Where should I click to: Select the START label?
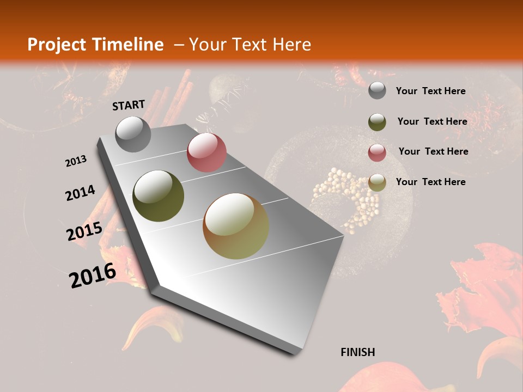pyautogui.click(x=129, y=105)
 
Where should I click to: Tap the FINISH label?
pyautogui.click(x=358, y=352)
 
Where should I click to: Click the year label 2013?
pyautogui.click(x=76, y=161)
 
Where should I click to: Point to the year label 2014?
pyautogui.click(x=80, y=193)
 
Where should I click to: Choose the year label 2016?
pyautogui.click(x=93, y=275)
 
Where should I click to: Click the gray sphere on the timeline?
pyautogui.click(x=133, y=134)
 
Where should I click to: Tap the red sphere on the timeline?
pyautogui.click(x=206, y=152)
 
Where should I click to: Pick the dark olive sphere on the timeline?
pyautogui.click(x=159, y=196)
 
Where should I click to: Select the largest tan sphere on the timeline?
pyautogui.click(x=236, y=226)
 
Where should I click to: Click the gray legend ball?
pyautogui.click(x=377, y=90)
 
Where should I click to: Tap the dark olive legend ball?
pyautogui.click(x=377, y=122)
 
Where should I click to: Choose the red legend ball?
pyautogui.click(x=377, y=152)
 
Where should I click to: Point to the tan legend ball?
pyautogui.click(x=377, y=182)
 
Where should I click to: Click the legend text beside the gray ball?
pyautogui.click(x=430, y=91)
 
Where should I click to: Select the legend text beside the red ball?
pyautogui.click(x=433, y=151)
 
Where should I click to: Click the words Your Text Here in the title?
pyautogui.click(x=250, y=45)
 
